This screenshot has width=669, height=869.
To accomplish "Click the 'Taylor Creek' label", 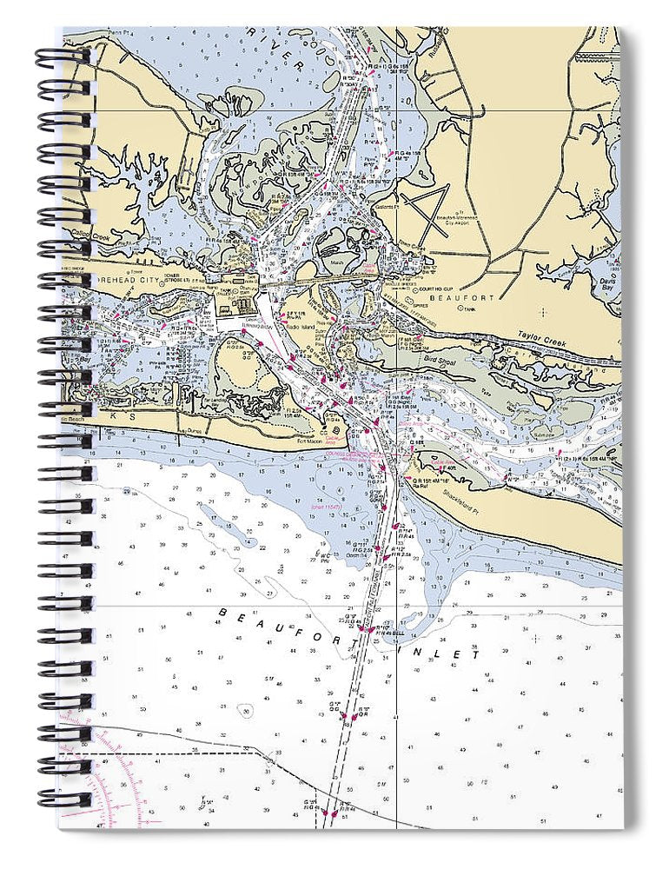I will pos(542,338).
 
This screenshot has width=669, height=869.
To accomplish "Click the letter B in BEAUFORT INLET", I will pos(222,611).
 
